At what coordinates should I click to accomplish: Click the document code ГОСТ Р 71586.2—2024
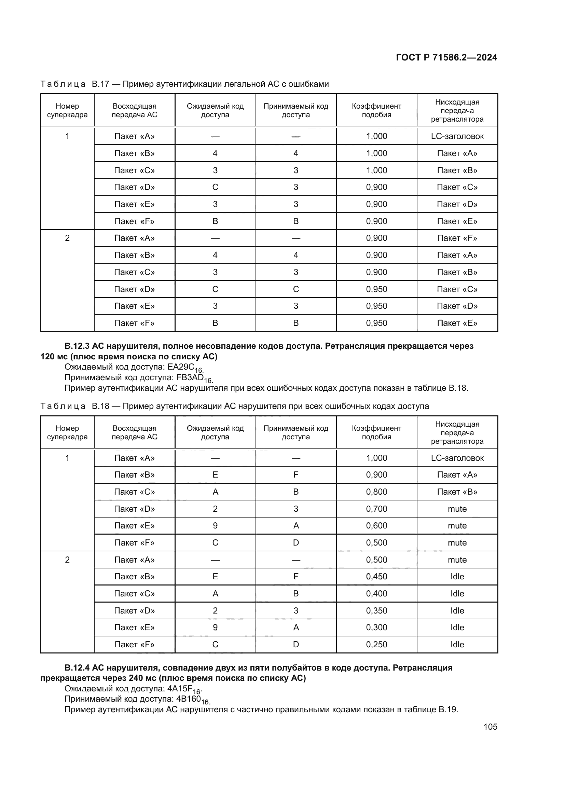coord(446,57)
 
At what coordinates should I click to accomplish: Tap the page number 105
coord(490,727)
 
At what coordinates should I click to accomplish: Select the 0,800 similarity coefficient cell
coord(376,492)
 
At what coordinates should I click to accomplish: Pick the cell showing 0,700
coord(376,509)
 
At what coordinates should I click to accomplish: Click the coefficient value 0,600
coord(376,525)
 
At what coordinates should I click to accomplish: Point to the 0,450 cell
coord(376,576)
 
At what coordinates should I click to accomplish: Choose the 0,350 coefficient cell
coord(376,610)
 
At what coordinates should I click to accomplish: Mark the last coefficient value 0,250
coord(376,644)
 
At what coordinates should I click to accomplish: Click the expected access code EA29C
coord(181,367)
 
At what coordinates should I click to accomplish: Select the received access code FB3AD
coord(190,377)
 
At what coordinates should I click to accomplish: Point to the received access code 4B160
coord(189,699)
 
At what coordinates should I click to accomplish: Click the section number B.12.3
coord(77,346)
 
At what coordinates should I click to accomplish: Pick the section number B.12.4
coord(77,667)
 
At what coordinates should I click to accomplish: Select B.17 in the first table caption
coord(100,84)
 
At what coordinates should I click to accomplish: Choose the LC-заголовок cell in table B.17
coord(457,136)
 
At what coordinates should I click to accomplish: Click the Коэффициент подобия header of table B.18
coord(376,432)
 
